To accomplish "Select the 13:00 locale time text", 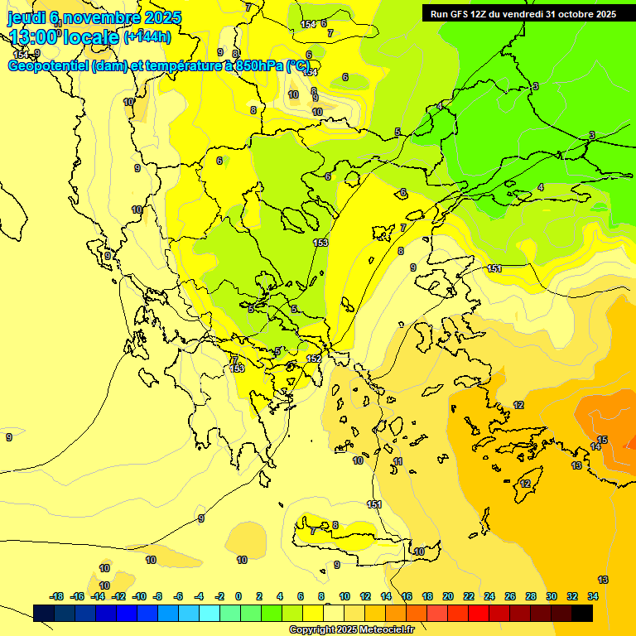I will [63, 36].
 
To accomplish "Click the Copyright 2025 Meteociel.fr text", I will [351, 629].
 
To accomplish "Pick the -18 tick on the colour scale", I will [57, 596].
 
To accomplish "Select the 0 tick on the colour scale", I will [238, 596].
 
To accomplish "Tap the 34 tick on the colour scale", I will [593, 596].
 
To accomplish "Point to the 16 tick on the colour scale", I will [407, 596].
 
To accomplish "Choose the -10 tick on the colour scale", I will [139, 596].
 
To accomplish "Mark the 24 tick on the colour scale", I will [489, 596].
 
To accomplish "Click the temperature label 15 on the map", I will [602, 440].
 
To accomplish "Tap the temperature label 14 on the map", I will [595, 447].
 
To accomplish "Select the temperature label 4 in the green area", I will [541, 188].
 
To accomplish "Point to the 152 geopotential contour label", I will [314, 359].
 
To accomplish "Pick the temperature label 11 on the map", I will [398, 461].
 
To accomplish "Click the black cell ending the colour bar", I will [582, 613].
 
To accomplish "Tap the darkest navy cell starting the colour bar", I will [44, 613].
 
